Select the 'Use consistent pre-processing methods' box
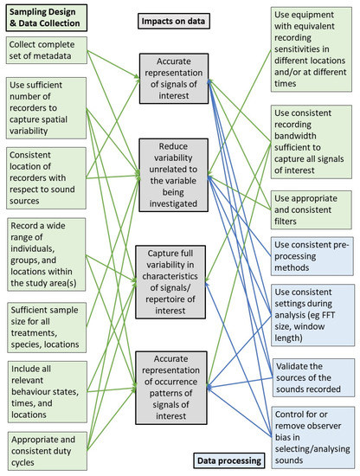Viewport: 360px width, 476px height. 305,251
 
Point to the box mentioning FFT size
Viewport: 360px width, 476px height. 305,307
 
